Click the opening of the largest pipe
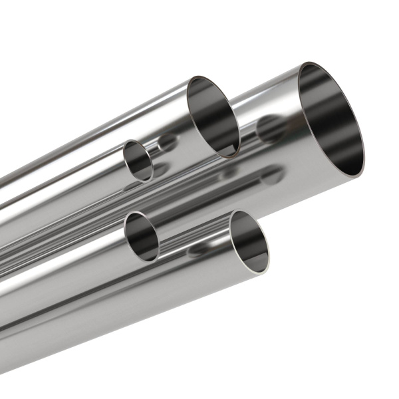pos(331,120)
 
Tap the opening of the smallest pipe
pos(138,160)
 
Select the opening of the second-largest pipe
pos(213,117)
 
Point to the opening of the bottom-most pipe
pos(249,241)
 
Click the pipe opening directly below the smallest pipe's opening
pos(142,237)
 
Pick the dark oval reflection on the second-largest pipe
pos(167,142)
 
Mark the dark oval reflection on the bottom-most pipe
pos(198,251)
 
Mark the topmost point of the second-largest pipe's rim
pos(197,76)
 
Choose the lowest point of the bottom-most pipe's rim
pos(262,272)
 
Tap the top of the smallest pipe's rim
pos(132,140)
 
